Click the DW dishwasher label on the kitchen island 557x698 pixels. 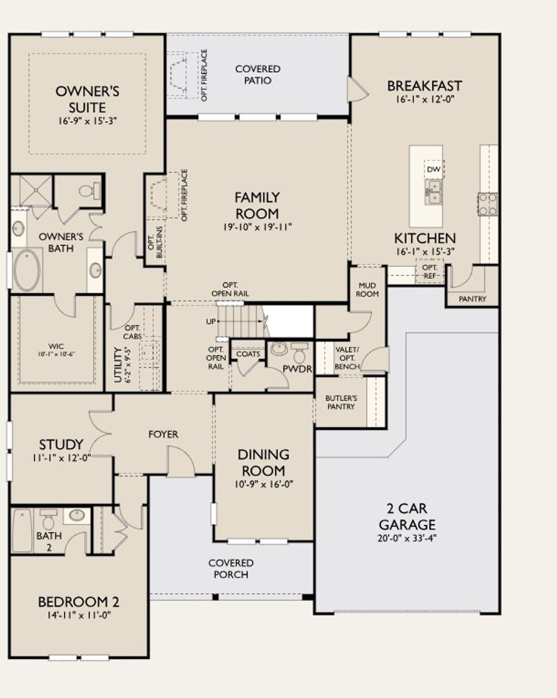click(433, 170)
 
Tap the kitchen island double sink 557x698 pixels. click(433, 192)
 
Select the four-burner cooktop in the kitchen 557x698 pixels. click(488, 204)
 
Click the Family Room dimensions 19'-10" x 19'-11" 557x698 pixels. click(257, 227)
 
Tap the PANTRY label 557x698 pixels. click(472, 299)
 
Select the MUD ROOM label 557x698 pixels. click(367, 290)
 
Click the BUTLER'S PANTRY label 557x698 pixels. click(341, 402)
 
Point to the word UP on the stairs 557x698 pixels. click(211, 322)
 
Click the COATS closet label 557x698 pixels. click(248, 354)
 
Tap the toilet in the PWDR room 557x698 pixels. click(299, 353)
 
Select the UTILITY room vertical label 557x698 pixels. click(121, 364)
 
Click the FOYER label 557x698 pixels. click(163, 434)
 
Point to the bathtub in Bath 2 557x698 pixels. click(22, 531)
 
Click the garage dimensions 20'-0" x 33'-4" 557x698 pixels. click(407, 538)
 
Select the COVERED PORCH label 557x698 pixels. click(231, 568)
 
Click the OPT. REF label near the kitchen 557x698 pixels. click(430, 271)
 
